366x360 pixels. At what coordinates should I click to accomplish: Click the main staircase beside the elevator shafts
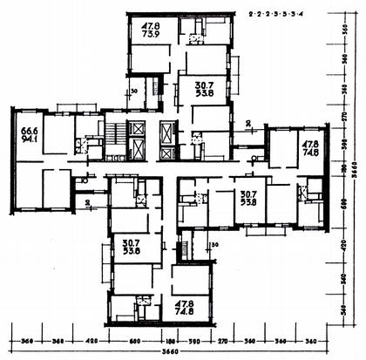(114, 139)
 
